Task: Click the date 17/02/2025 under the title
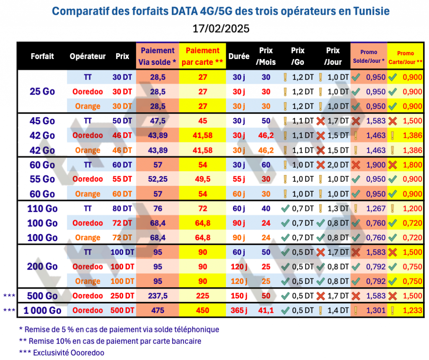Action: pyautogui.click(x=215, y=28)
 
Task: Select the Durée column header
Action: pyautogui.click(x=239, y=57)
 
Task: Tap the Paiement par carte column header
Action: pyautogui.click(x=203, y=57)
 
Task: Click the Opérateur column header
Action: pyautogui.click(x=88, y=57)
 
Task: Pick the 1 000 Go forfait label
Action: pyautogui.click(x=42, y=311)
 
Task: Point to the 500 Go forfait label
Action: pyautogui.click(x=42, y=296)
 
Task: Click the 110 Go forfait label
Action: pyautogui.click(x=42, y=208)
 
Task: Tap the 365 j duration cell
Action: pyautogui.click(x=239, y=311)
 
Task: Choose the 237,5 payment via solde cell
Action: pyautogui.click(x=158, y=296)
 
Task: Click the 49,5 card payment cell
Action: pyautogui.click(x=203, y=179)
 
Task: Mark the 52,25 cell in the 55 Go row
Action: pyautogui.click(x=158, y=179)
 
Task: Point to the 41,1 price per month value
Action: pyautogui.click(x=266, y=311)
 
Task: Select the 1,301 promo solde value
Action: pyautogui.click(x=375, y=311)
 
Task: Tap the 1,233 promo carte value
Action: pyautogui.click(x=412, y=311)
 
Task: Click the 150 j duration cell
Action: pyautogui.click(x=239, y=296)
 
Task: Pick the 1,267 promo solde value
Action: pyautogui.click(x=375, y=208)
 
